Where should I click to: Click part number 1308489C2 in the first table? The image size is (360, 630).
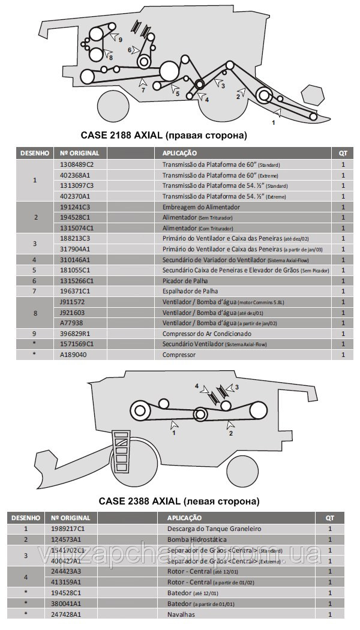click(77, 164)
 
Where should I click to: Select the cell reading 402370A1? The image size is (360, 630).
click(75, 196)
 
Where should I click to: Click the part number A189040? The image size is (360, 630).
click(73, 355)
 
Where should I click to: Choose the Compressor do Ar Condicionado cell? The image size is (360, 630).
click(207, 334)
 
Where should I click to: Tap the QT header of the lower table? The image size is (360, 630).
click(329, 517)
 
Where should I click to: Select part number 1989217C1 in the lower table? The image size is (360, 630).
click(68, 529)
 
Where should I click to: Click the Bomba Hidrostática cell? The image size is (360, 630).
click(193, 539)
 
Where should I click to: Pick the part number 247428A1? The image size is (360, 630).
click(66, 614)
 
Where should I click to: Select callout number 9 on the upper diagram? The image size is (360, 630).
click(121, 40)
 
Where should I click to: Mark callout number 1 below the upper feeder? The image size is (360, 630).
click(274, 122)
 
